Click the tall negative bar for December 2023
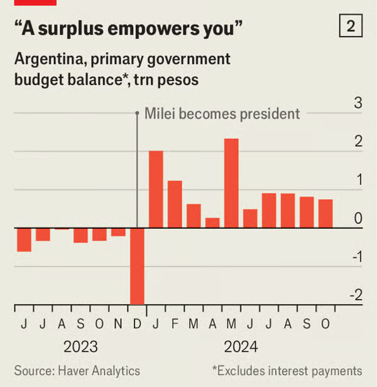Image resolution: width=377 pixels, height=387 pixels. pos(137,266)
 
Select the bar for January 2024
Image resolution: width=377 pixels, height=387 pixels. pos(156,189)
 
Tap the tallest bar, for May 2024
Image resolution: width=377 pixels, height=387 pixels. pos(231,183)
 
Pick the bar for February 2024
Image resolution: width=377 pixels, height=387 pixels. pos(175,204)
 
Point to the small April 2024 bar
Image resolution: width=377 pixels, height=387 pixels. pos(212,223)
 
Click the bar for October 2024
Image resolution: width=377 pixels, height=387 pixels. pos(325,214)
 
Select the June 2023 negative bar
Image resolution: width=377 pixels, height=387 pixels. pos(24,240)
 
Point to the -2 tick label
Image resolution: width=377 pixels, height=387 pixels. pos(356,295)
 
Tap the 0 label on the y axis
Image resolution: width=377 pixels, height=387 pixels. pos(358,218)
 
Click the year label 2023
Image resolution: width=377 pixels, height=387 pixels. pos(80,347)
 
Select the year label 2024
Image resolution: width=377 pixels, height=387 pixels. pos(241,347)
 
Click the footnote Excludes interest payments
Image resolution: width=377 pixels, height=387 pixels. pos(290,371)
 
